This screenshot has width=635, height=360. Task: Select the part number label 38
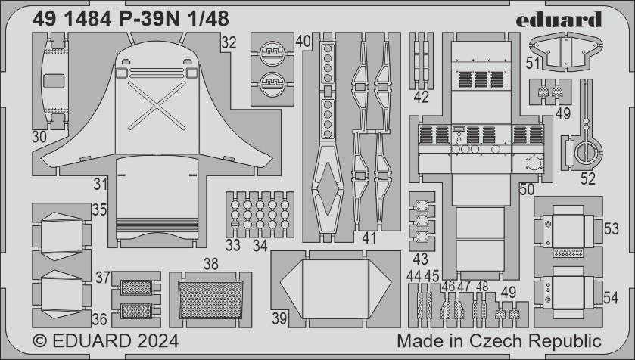210,265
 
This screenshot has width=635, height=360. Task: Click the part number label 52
587,179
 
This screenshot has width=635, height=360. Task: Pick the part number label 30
40,137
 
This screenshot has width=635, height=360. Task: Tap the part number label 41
369,238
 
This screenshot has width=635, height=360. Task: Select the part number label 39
279,319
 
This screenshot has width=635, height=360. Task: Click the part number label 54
610,299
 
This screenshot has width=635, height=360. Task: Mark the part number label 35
99,209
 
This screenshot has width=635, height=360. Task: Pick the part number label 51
533,65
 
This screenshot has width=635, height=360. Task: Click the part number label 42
421,97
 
